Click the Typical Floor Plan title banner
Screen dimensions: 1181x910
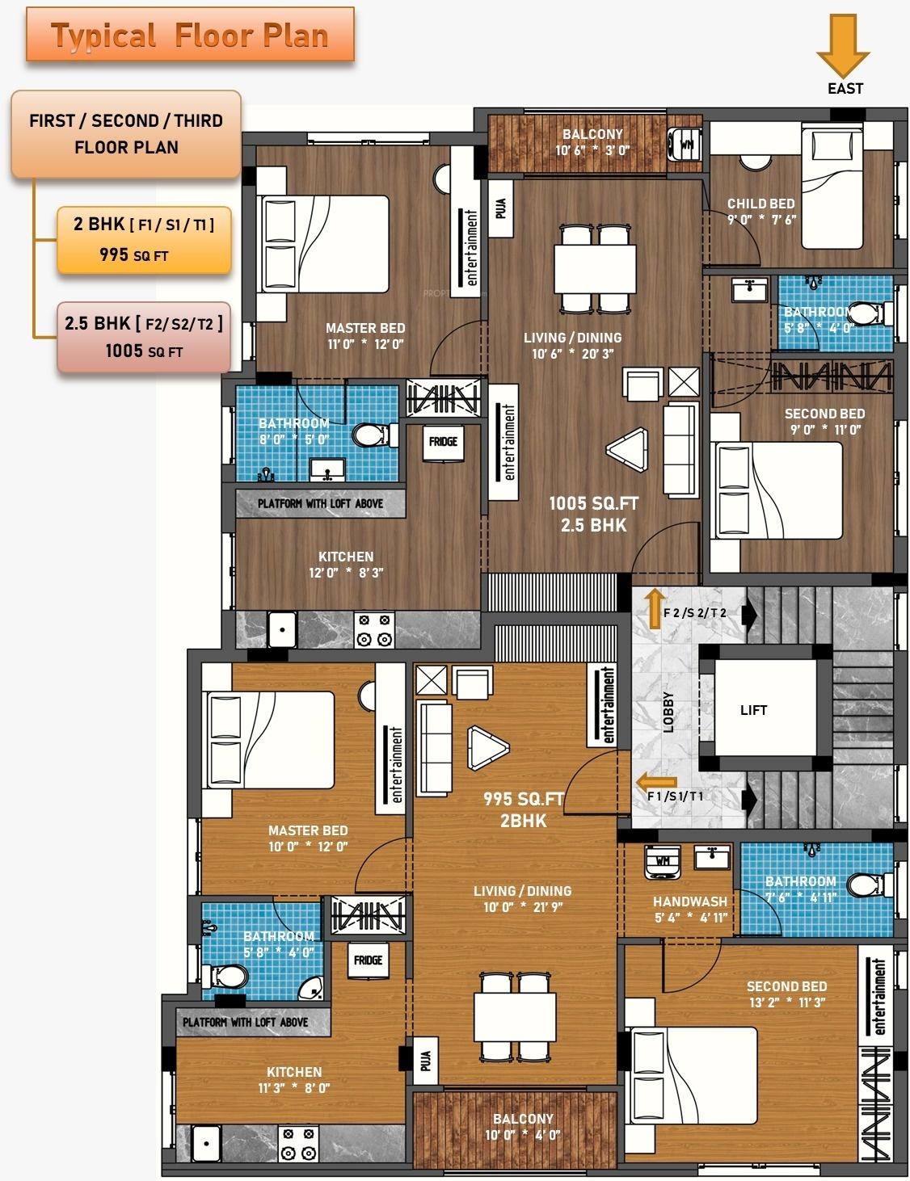tap(190, 36)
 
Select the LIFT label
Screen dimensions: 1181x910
tap(753, 710)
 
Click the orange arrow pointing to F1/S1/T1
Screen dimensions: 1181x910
tap(656, 782)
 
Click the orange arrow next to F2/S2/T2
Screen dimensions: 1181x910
tap(652, 609)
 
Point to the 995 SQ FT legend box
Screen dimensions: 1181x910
tap(144, 240)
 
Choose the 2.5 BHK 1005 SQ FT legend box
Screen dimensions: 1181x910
tap(144, 337)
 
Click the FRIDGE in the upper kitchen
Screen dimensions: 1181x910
tap(443, 442)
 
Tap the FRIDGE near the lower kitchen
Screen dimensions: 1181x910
tap(368, 960)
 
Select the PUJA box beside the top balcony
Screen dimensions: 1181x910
tap(500, 208)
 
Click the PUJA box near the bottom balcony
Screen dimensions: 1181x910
tap(425, 1059)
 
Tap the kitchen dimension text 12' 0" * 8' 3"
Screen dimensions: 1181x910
tap(346, 573)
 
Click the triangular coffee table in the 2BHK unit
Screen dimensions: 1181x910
tap(487, 747)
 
